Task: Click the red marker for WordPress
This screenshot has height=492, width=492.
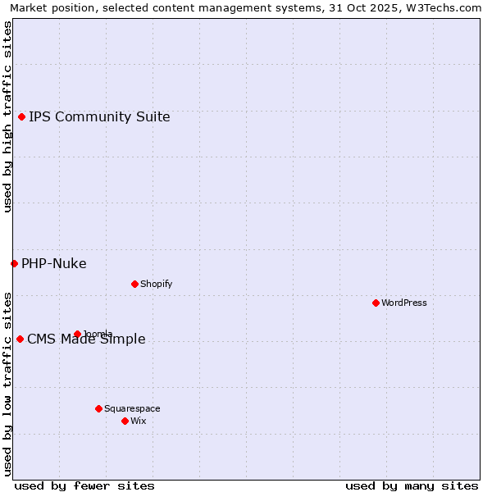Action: tap(376, 303)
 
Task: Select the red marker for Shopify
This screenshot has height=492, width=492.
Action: tap(134, 284)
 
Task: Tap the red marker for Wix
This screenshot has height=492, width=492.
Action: tap(125, 421)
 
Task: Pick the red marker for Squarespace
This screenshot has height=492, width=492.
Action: tap(98, 408)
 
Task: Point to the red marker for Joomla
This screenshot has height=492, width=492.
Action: tap(77, 334)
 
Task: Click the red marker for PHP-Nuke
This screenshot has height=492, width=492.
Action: tap(14, 263)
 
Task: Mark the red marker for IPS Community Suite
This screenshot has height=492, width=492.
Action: tap(21, 116)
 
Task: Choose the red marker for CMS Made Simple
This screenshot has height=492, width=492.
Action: tap(20, 339)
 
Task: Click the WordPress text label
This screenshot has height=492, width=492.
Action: tap(404, 303)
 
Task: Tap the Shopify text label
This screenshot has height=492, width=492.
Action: tap(156, 284)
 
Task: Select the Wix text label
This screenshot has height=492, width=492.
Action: tap(138, 421)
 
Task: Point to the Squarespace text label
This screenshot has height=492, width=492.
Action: tap(132, 408)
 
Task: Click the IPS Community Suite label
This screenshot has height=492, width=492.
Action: tap(99, 116)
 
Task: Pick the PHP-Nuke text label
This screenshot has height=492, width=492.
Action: tap(54, 263)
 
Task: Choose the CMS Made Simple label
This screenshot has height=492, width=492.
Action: tap(86, 339)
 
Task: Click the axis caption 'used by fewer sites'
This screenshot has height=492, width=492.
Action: tap(84, 485)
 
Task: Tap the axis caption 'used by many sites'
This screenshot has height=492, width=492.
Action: tap(412, 485)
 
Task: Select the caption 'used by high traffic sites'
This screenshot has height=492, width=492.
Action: tap(7, 116)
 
